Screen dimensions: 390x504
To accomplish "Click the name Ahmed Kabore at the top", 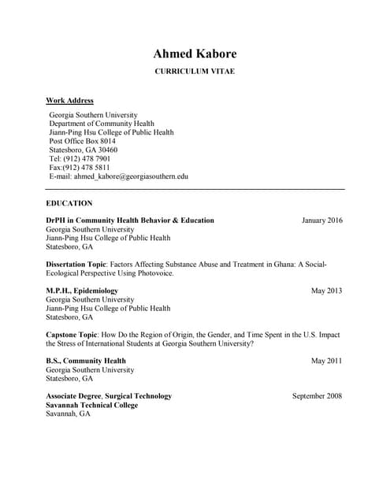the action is click(194, 54).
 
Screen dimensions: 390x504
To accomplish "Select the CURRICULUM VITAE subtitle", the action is click(194, 72).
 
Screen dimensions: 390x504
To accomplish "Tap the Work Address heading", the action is click(69, 101).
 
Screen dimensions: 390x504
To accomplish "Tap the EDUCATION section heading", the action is click(69, 203).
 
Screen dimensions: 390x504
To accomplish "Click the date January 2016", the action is click(322, 220).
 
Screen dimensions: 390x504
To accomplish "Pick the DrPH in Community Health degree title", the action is click(130, 220).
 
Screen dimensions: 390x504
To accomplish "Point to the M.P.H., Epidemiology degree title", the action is click(82, 291).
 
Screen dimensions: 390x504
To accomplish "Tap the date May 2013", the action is click(327, 291).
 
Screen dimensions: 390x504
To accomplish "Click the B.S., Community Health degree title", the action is click(86, 361).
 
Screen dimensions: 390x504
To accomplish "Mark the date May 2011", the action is click(327, 361).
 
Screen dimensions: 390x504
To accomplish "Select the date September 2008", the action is click(317, 396).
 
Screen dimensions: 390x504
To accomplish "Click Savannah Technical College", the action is click(91, 405).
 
